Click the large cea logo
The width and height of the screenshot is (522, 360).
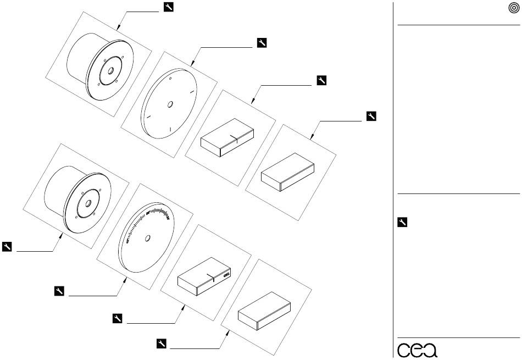pyautogui.click(x=418, y=350)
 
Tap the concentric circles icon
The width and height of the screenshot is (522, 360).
pyautogui.click(x=514, y=8)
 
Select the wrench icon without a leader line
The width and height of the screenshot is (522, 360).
pyautogui.click(x=402, y=222)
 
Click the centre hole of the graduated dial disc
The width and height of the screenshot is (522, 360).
pyautogui.click(x=147, y=238)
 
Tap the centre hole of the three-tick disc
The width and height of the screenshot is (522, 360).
pyautogui.click(x=170, y=104)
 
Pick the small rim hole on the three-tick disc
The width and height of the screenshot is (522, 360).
pyautogui.click(x=170, y=79)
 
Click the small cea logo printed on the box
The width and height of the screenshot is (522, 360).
pyautogui.click(x=227, y=275)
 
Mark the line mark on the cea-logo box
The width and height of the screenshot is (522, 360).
pyautogui.click(x=213, y=277)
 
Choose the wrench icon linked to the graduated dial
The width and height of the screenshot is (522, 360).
pyautogui.click(x=59, y=291)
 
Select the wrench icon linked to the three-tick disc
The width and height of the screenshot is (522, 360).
pyautogui.click(x=262, y=43)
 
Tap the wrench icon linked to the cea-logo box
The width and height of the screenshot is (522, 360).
pyautogui.click(x=117, y=318)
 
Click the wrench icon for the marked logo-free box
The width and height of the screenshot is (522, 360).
pyautogui.click(x=321, y=80)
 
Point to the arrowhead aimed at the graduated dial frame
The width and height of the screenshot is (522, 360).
pyautogui.click(x=125, y=280)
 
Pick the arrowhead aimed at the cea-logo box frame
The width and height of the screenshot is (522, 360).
pyautogui.click(x=183, y=307)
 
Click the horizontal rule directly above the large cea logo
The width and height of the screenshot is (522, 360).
pyautogui.click(x=459, y=337)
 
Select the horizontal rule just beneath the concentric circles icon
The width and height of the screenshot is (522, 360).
pyautogui.click(x=459, y=25)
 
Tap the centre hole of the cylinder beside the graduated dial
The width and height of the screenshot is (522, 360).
pyautogui.click(x=88, y=203)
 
